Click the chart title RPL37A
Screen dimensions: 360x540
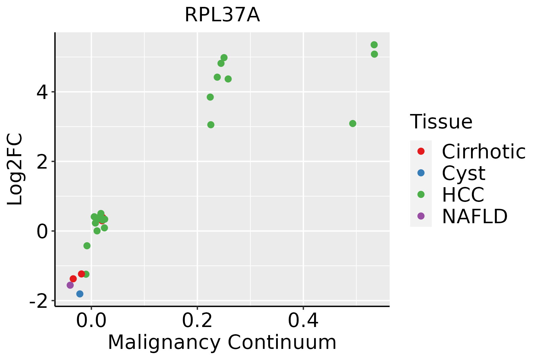click(222, 15)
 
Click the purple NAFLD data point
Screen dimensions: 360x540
click(70, 285)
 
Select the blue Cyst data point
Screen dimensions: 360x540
click(80, 294)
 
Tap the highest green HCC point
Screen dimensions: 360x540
click(374, 45)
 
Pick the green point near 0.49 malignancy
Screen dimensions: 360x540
click(353, 124)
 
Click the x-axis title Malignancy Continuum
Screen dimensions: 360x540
click(222, 342)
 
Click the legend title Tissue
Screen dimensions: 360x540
click(441, 122)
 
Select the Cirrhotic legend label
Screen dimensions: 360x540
click(484, 151)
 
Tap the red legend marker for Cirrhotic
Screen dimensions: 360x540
click(421, 151)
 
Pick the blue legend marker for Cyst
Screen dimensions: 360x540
click(421, 173)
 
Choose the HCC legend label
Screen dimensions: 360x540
click(463, 195)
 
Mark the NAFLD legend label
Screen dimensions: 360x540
click(475, 216)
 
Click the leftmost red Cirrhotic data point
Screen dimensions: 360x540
click(73, 279)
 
